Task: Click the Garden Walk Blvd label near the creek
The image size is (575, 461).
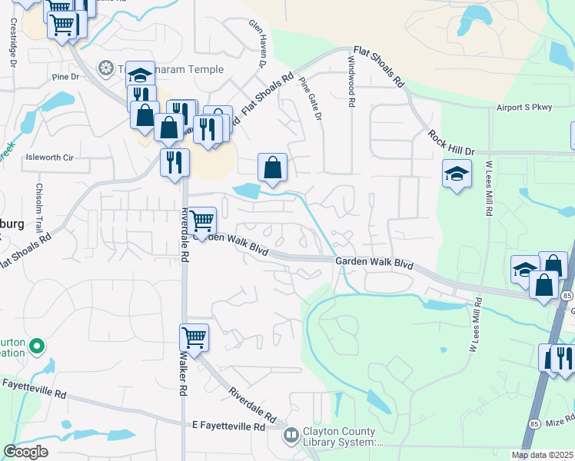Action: (x=374, y=264)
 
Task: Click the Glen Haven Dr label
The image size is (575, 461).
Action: (x=257, y=42)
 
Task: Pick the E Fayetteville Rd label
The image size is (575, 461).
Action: (x=228, y=426)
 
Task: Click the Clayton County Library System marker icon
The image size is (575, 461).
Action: (x=291, y=436)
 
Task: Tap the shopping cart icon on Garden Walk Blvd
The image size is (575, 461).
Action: (x=202, y=221)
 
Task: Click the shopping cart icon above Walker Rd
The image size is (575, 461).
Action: (x=194, y=337)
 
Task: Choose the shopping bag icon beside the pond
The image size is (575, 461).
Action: (x=272, y=167)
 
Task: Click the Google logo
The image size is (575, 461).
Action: (x=25, y=452)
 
